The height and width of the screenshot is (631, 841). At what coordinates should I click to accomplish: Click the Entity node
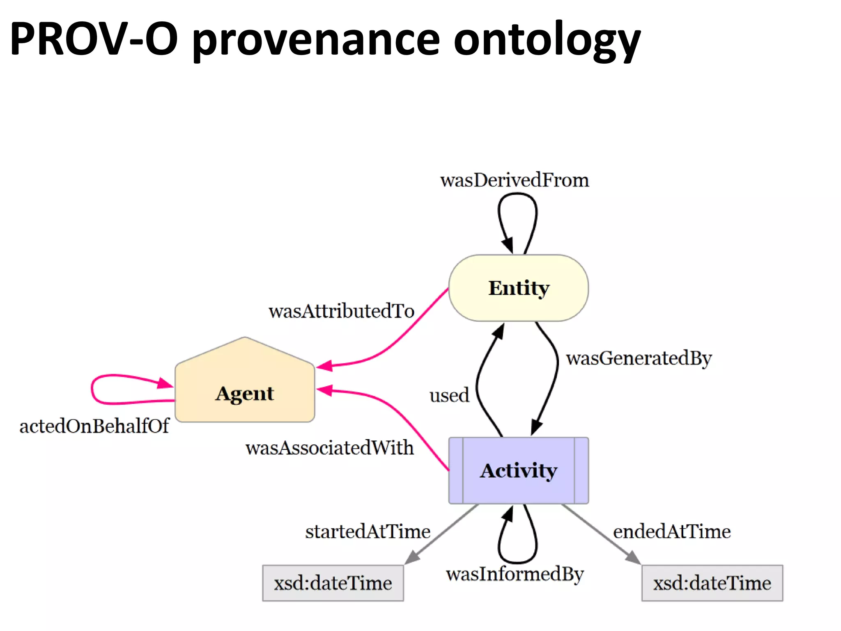point(518,288)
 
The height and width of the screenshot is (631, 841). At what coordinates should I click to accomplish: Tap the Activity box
point(518,471)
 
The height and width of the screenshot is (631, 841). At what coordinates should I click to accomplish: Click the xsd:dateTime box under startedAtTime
point(333,583)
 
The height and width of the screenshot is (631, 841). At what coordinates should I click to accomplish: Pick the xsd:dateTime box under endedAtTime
point(712,583)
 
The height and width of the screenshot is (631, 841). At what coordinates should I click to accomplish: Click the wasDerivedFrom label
point(515,180)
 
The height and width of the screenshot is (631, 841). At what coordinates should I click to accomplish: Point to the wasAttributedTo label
point(341,311)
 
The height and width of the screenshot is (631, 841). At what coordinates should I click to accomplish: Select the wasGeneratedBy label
point(639,358)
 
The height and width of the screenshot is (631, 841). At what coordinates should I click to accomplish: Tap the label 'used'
point(449,396)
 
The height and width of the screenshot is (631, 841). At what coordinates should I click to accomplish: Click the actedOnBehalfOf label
point(94,426)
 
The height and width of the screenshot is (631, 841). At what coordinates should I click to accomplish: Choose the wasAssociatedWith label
point(329,448)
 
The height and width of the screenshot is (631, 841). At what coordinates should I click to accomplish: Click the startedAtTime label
point(368,532)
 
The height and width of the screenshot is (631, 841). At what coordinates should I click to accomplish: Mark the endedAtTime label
point(672,532)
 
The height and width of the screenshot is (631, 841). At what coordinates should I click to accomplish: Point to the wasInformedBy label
point(515,574)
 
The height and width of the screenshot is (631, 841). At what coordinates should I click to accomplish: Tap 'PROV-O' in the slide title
point(94,39)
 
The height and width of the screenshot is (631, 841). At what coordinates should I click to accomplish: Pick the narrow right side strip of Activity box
point(581,471)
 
